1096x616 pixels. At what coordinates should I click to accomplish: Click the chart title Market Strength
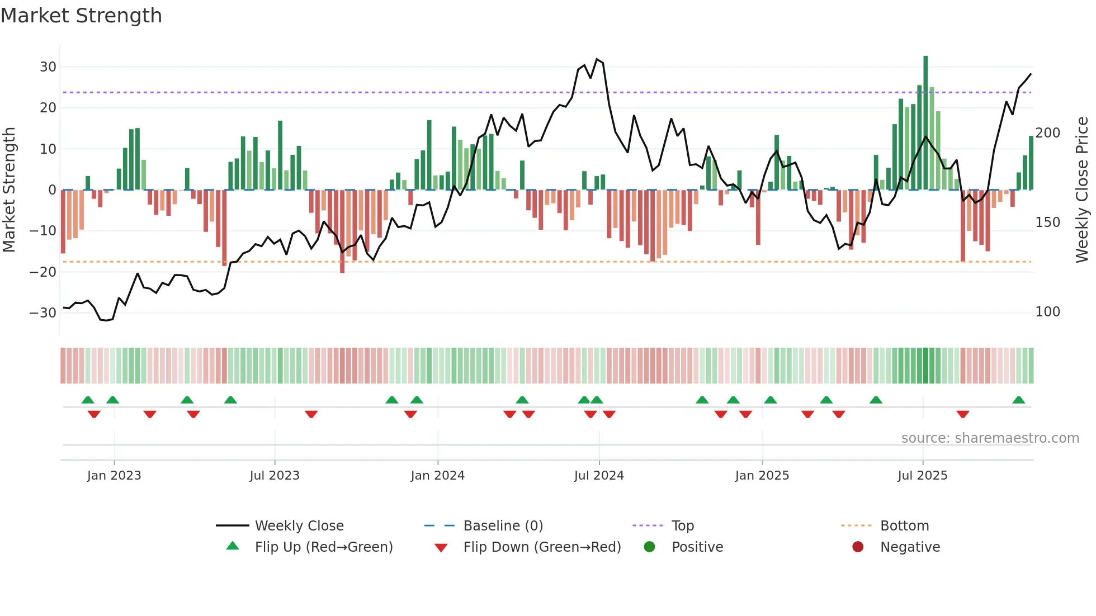click(x=81, y=16)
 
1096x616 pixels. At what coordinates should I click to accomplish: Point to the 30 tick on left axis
click(x=48, y=67)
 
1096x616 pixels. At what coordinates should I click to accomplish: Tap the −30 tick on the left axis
click(x=43, y=312)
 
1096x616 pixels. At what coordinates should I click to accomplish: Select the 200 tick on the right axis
click(x=1047, y=133)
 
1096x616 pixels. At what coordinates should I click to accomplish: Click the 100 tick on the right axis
click(x=1047, y=312)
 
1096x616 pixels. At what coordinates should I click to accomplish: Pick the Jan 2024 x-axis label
click(x=437, y=476)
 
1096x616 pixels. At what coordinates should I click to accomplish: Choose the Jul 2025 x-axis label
click(x=922, y=476)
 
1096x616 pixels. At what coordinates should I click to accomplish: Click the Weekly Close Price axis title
click(x=1082, y=190)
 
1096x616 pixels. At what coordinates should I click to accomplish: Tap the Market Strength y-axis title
click(x=10, y=190)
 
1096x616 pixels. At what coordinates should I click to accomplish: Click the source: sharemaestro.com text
click(x=990, y=438)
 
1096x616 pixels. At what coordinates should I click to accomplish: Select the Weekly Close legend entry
click(x=299, y=526)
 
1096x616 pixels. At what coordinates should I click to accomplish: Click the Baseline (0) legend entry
click(x=503, y=526)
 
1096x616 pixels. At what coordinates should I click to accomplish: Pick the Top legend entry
click(x=682, y=526)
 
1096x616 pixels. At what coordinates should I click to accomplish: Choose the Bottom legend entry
click(x=904, y=526)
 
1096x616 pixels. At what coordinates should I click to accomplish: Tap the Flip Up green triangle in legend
click(x=233, y=546)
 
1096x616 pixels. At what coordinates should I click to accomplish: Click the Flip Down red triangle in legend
click(x=441, y=548)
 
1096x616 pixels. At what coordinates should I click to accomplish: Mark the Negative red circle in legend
click(x=858, y=547)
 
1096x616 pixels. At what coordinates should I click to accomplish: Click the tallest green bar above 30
click(x=925, y=123)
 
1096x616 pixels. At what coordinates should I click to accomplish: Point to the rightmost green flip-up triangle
click(x=1018, y=400)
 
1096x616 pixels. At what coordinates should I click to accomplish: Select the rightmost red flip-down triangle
click(x=962, y=414)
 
